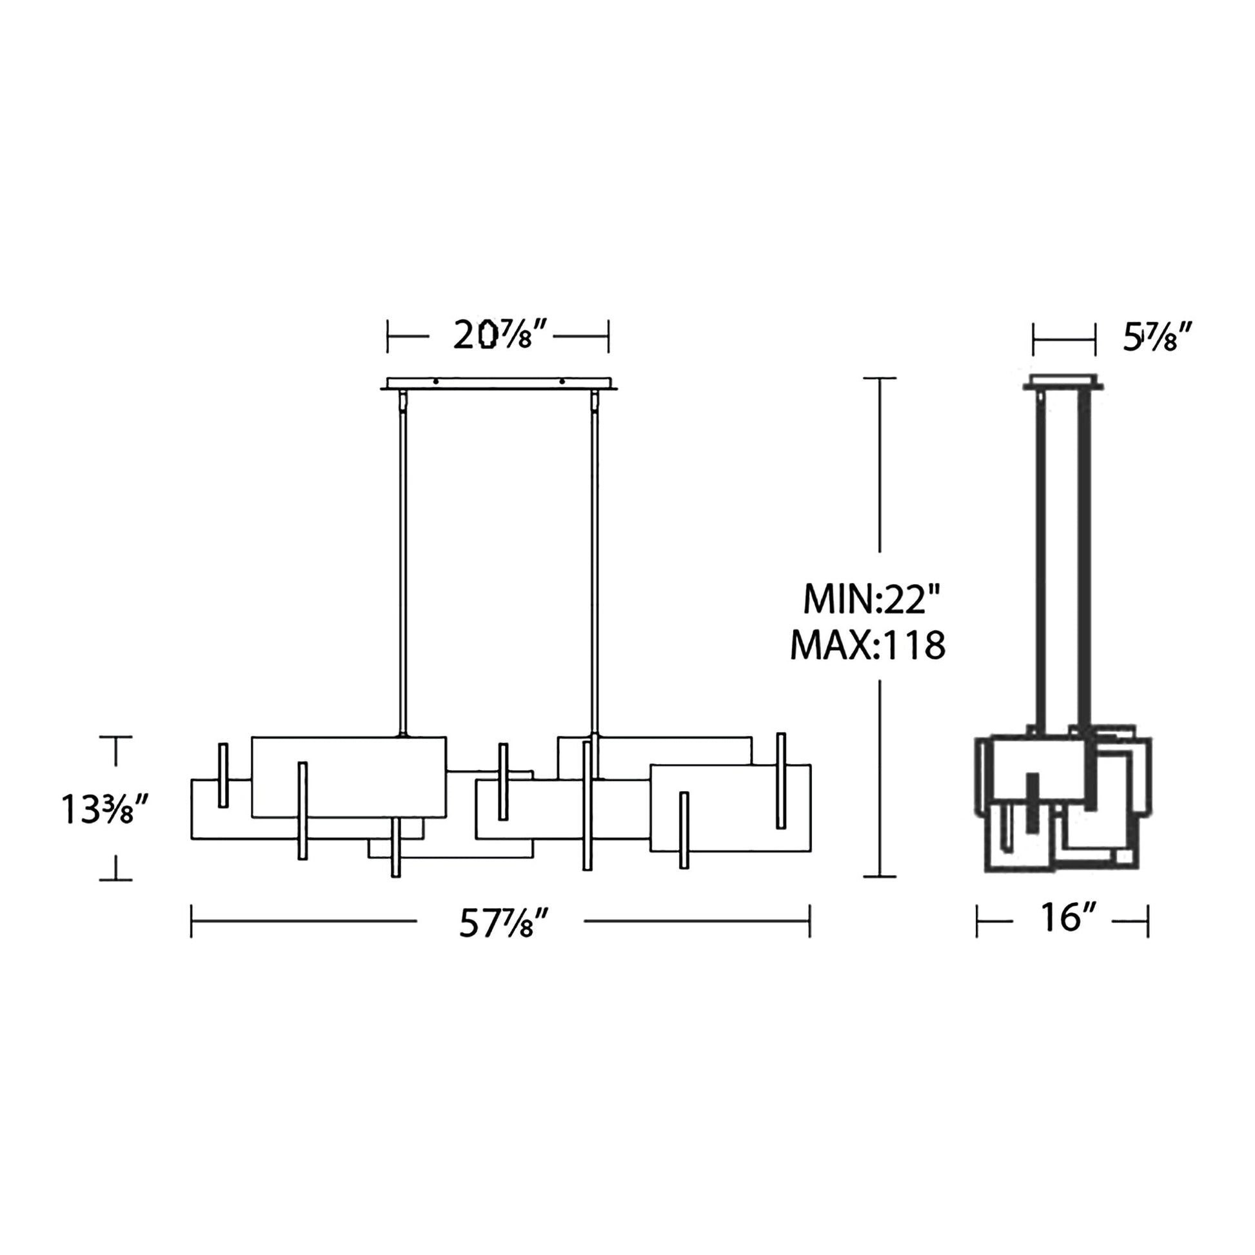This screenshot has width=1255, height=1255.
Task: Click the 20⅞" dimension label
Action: click(x=502, y=336)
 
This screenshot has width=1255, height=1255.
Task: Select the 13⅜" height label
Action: click(x=105, y=810)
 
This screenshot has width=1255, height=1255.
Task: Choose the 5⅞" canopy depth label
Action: click(x=1158, y=338)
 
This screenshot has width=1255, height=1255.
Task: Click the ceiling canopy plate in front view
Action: click(x=499, y=384)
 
